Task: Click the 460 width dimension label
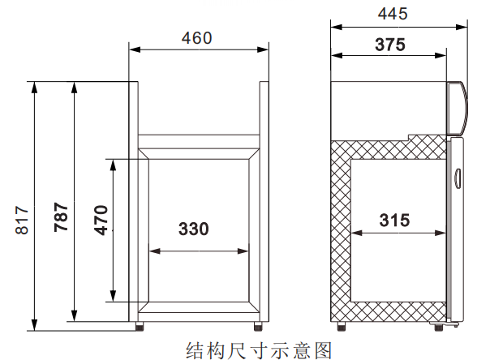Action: click(x=196, y=38)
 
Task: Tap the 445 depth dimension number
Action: click(x=393, y=14)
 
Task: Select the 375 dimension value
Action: click(x=390, y=45)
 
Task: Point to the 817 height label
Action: click(x=22, y=220)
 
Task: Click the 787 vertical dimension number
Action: click(x=61, y=217)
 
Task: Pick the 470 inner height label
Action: click(x=101, y=220)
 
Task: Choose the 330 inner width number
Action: click(x=193, y=229)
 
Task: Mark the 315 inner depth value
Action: click(x=394, y=220)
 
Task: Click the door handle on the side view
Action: click(x=458, y=178)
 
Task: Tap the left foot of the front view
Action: click(x=140, y=326)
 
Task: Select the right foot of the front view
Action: click(x=258, y=326)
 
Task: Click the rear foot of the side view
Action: click(x=342, y=326)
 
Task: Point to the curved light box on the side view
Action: click(x=458, y=109)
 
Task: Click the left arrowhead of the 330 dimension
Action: click(x=155, y=251)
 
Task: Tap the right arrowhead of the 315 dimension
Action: click(x=441, y=233)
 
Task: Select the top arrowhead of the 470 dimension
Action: click(x=113, y=165)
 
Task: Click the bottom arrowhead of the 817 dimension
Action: click(x=34, y=325)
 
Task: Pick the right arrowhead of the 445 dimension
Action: click(x=462, y=28)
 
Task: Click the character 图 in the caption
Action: click(x=323, y=350)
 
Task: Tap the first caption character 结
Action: click(x=196, y=350)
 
